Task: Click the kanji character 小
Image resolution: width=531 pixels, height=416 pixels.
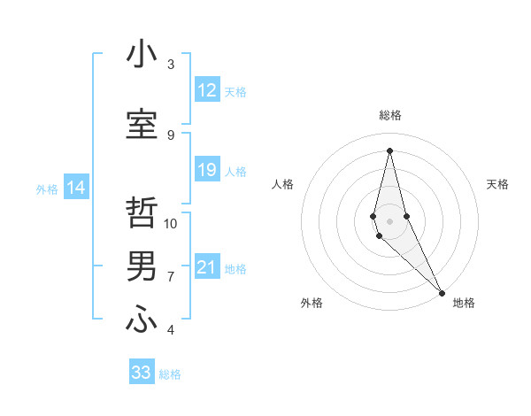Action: (x=142, y=54)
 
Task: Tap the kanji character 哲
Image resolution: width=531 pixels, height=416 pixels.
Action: (x=142, y=213)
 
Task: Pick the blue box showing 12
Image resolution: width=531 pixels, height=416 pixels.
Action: (x=207, y=90)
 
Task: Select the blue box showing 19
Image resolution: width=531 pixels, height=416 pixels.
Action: (x=207, y=170)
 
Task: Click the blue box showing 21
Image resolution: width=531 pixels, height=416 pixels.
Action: (x=207, y=267)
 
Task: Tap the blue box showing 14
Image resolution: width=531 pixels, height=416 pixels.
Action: (x=76, y=188)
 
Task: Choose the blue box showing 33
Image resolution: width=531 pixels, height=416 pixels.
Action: (x=142, y=373)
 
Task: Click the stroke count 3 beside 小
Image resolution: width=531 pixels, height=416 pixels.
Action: (x=171, y=65)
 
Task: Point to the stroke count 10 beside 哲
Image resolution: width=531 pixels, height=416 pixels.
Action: (x=171, y=224)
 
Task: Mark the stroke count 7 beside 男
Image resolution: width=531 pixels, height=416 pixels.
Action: (x=171, y=277)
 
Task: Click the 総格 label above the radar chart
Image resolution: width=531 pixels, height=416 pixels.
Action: (x=389, y=115)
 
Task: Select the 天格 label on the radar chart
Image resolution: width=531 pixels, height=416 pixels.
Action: (x=497, y=184)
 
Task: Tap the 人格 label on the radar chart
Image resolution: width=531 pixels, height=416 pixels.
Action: (x=282, y=184)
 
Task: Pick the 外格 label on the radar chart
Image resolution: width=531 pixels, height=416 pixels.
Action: (x=311, y=303)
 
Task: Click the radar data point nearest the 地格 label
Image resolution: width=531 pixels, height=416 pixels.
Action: (x=442, y=293)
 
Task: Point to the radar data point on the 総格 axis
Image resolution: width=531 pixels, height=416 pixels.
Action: (x=389, y=150)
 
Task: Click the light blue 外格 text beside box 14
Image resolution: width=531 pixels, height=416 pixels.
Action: (x=47, y=189)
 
